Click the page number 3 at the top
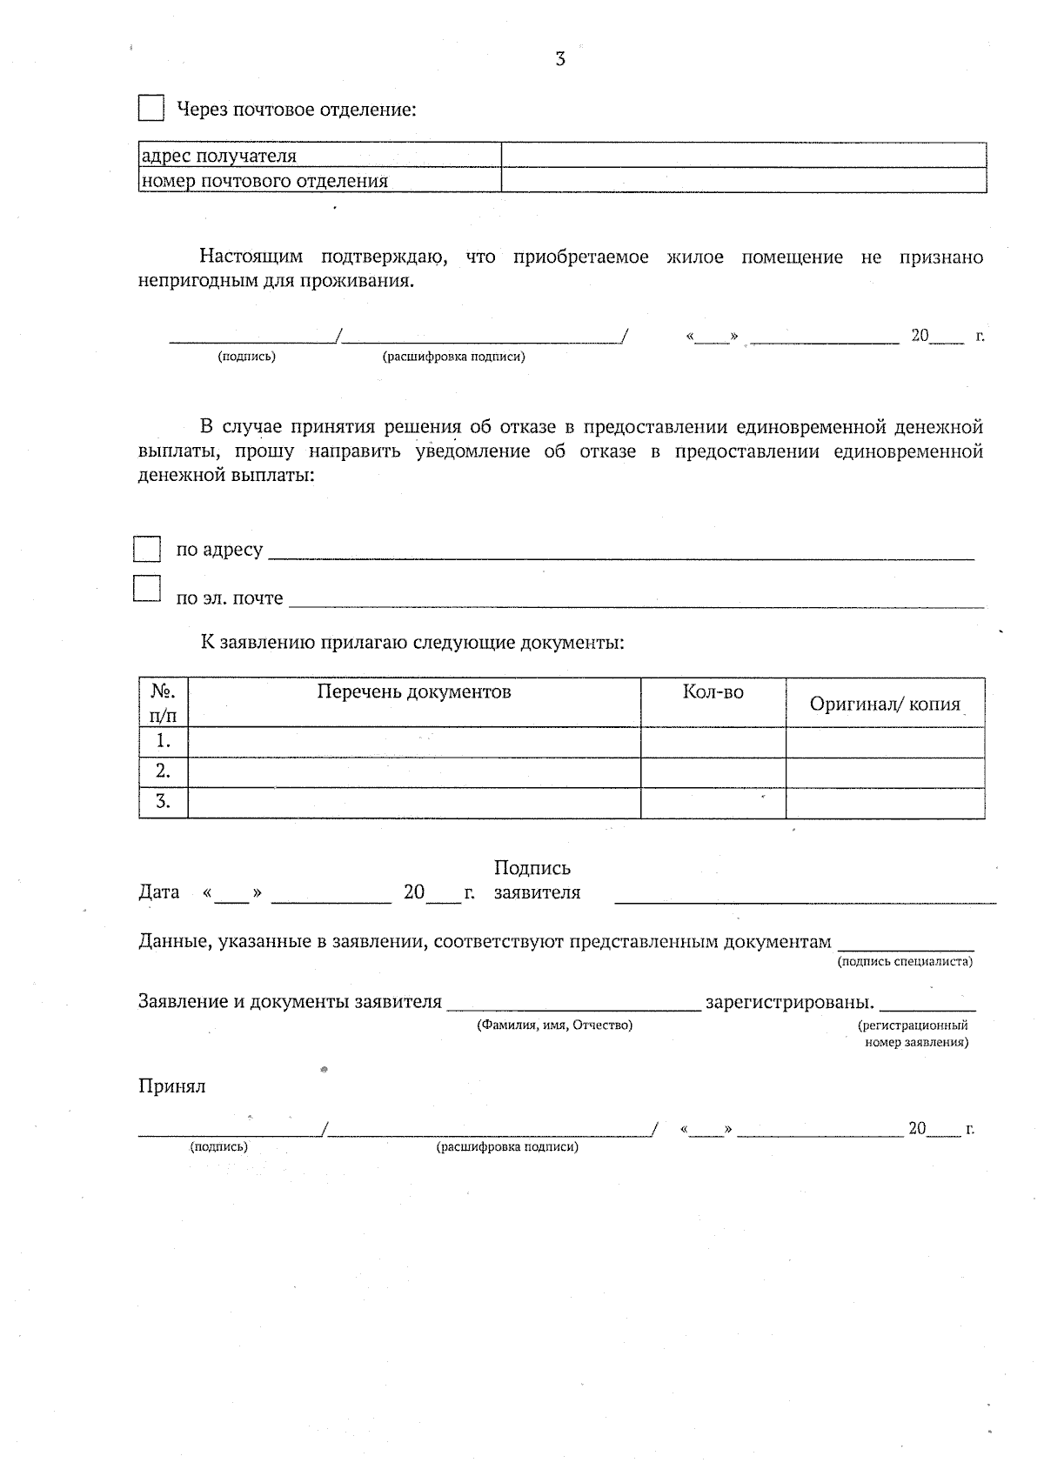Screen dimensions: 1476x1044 (x=560, y=59)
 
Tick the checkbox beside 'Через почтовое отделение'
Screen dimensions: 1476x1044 (x=151, y=109)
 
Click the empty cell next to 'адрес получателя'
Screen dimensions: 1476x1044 (x=743, y=156)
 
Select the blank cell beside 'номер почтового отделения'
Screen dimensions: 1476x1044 (x=743, y=180)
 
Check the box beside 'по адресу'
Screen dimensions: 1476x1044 (x=147, y=550)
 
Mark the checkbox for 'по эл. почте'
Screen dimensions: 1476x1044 (x=147, y=589)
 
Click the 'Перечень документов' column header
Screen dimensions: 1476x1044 (x=413, y=692)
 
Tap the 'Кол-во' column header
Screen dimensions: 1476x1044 (x=713, y=692)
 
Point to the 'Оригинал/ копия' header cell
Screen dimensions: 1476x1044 (x=885, y=704)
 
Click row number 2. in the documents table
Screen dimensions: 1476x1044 (x=163, y=771)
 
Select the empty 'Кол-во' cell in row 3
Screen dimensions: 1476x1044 (x=713, y=802)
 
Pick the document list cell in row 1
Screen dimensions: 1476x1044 (x=413, y=742)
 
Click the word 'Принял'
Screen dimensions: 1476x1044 (x=172, y=1086)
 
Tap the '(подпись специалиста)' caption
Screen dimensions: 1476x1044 (x=905, y=961)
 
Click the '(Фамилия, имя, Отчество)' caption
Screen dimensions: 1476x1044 (x=554, y=1025)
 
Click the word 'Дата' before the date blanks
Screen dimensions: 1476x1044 (x=159, y=892)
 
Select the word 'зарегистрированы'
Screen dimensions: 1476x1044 (x=789, y=1002)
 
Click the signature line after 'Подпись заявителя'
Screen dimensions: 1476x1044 (x=805, y=898)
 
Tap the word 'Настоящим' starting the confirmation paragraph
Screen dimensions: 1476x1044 (x=251, y=257)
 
